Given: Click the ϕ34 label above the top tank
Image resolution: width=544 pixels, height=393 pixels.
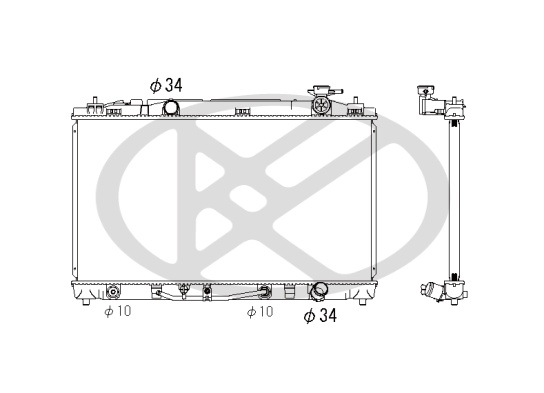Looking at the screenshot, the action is click(x=166, y=85).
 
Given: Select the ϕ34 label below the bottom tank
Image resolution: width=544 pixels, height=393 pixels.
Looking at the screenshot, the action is click(x=320, y=316).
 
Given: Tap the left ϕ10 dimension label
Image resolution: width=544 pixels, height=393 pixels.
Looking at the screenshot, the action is click(x=118, y=311).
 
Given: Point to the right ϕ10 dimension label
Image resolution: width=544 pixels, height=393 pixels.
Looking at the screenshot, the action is click(x=260, y=312).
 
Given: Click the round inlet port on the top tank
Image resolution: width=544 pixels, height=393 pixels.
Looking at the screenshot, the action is click(x=171, y=107).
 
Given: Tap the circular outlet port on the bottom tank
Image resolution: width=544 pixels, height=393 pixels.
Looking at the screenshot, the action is click(x=318, y=291).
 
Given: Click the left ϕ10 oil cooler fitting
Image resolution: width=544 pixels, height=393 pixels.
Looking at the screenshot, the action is click(x=113, y=291).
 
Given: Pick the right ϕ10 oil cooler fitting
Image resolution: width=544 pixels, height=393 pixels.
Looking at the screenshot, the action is click(x=264, y=291).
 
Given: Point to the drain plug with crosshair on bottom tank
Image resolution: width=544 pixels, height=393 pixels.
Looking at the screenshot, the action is click(x=184, y=289).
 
